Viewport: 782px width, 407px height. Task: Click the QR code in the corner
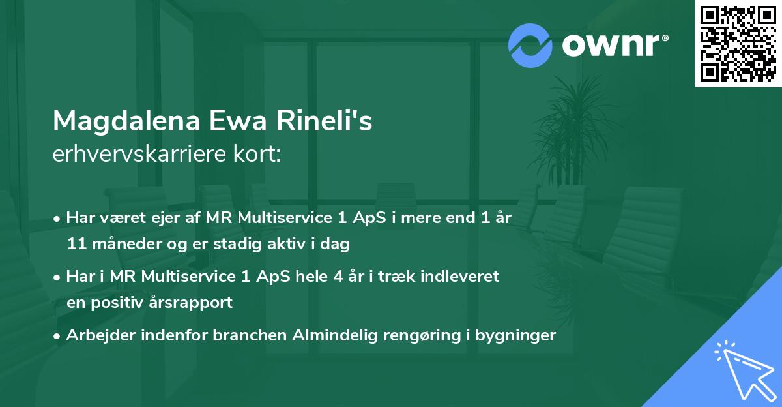(x=738, y=44)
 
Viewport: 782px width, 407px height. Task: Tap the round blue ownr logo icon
(x=531, y=46)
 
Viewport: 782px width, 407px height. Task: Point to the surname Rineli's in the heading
(x=326, y=121)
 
